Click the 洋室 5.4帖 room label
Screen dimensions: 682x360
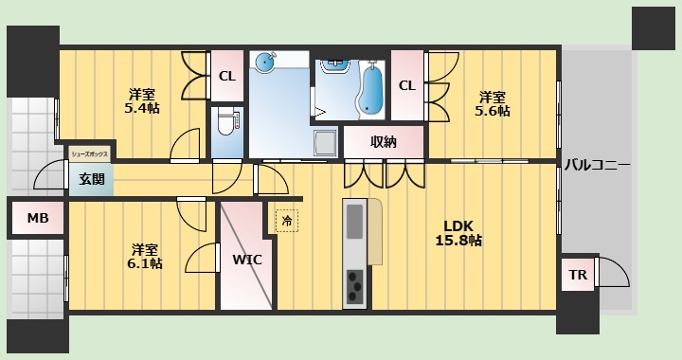tap(142, 100)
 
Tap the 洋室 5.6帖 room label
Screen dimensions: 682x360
tap(493, 103)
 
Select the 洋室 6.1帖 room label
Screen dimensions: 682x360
tap(145, 256)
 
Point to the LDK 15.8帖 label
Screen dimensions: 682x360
tap(458, 233)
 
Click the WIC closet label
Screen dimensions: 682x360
tap(247, 260)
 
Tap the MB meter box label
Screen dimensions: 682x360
tap(38, 218)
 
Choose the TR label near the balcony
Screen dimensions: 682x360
tap(578, 275)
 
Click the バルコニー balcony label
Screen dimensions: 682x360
tap(597, 165)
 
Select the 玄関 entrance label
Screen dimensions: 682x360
tap(92, 179)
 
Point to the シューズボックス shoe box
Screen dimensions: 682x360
tap(90, 153)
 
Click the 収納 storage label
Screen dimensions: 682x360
tap(384, 142)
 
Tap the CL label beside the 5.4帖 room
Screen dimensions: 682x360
tap(227, 77)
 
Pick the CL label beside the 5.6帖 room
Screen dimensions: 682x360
tap(407, 85)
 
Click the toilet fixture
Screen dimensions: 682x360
tap(227, 122)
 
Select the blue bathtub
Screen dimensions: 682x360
tap(371, 89)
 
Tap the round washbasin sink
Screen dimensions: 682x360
tap(264, 62)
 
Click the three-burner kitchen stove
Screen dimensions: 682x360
tap(355, 286)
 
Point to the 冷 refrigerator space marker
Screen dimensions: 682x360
tap(287, 221)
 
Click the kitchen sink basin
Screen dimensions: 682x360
tap(354, 222)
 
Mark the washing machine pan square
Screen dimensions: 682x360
tap(325, 142)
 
